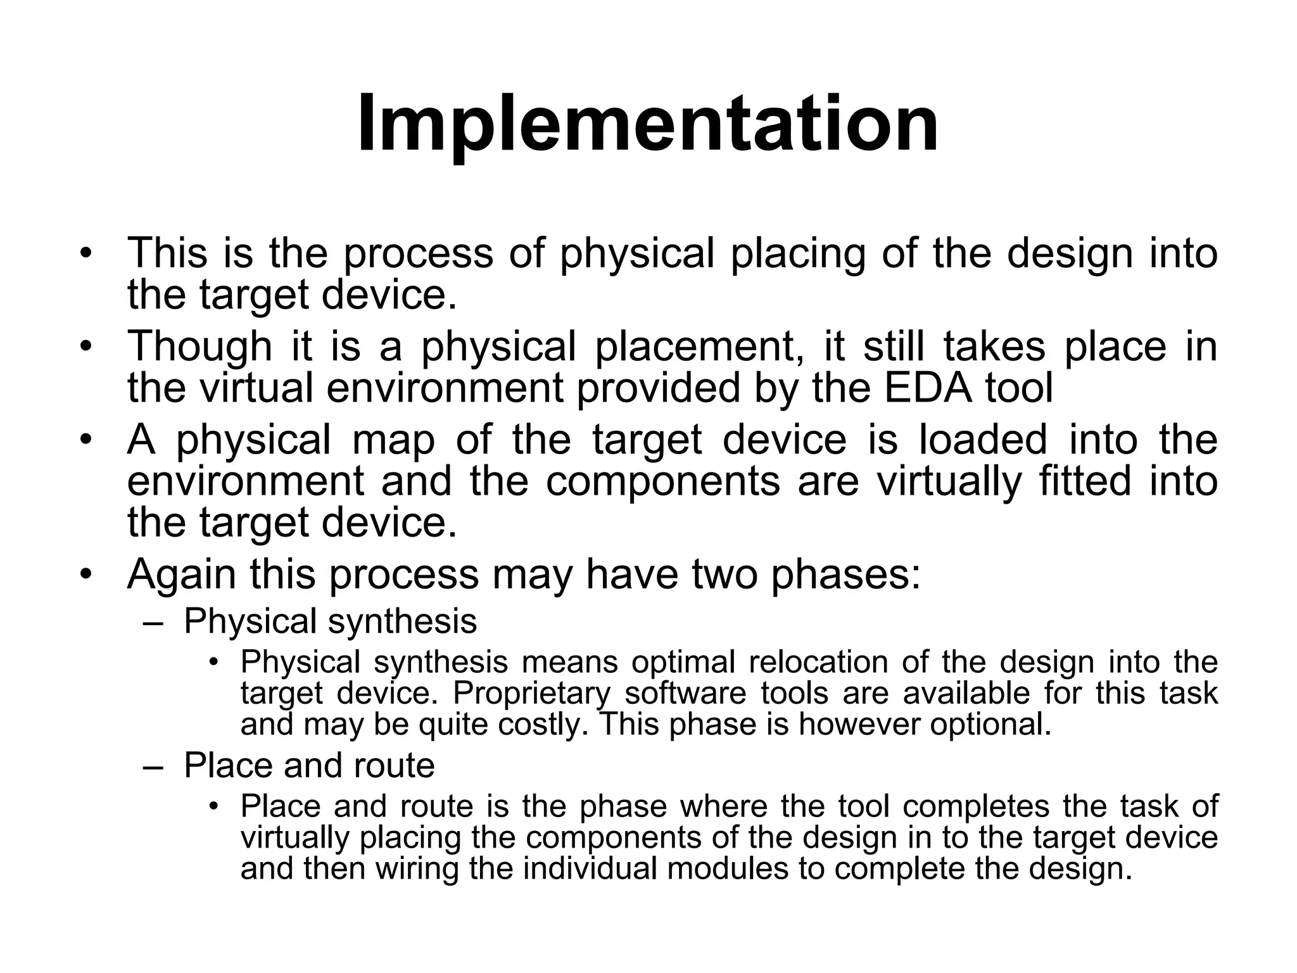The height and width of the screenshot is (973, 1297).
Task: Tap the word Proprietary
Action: pyautogui.click(x=531, y=693)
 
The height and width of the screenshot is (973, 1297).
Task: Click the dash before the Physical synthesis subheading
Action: pyautogui.click(x=153, y=623)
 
